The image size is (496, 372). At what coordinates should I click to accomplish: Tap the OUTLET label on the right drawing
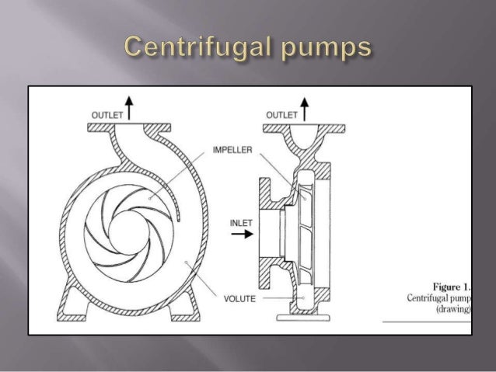tap(281, 116)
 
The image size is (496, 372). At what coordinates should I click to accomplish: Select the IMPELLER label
tap(231, 151)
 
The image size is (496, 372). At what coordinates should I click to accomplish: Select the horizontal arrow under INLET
tap(242, 235)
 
